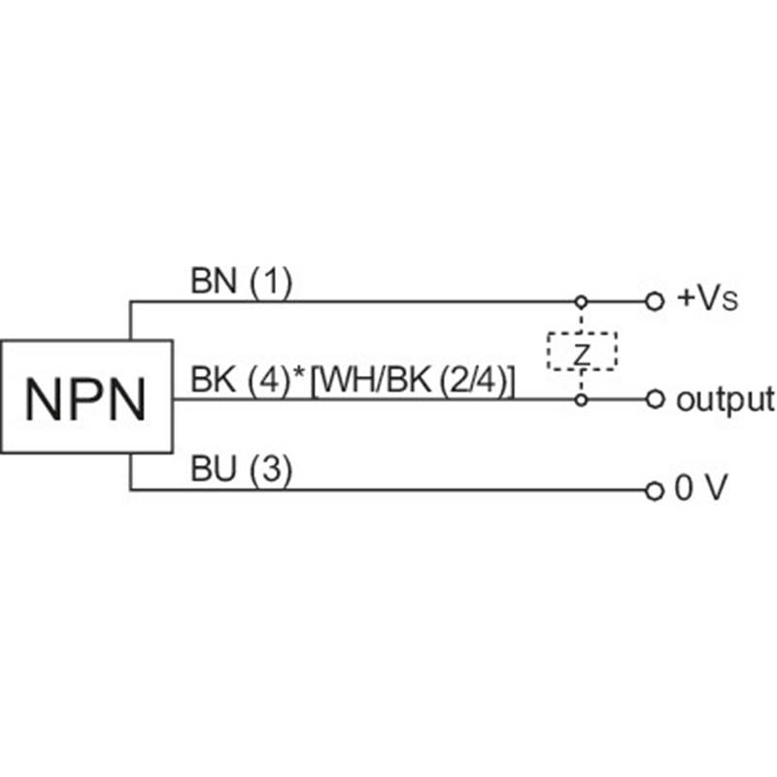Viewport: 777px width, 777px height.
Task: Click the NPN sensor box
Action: click(85, 396)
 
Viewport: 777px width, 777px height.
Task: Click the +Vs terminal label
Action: click(706, 299)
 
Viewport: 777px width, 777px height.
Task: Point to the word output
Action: click(725, 398)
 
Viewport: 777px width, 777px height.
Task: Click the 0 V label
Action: click(700, 490)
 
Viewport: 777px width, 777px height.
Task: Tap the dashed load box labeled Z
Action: click(582, 351)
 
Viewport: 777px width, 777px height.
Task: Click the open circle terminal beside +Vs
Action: click(655, 301)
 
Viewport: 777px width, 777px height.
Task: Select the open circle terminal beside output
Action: click(655, 399)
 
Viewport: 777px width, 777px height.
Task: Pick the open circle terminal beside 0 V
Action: click(655, 490)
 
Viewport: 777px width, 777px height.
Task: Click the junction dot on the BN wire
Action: click(582, 301)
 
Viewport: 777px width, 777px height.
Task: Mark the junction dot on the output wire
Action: click(582, 399)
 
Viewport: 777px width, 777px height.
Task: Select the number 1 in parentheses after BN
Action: click(271, 283)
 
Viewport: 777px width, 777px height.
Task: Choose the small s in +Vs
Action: click(730, 302)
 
